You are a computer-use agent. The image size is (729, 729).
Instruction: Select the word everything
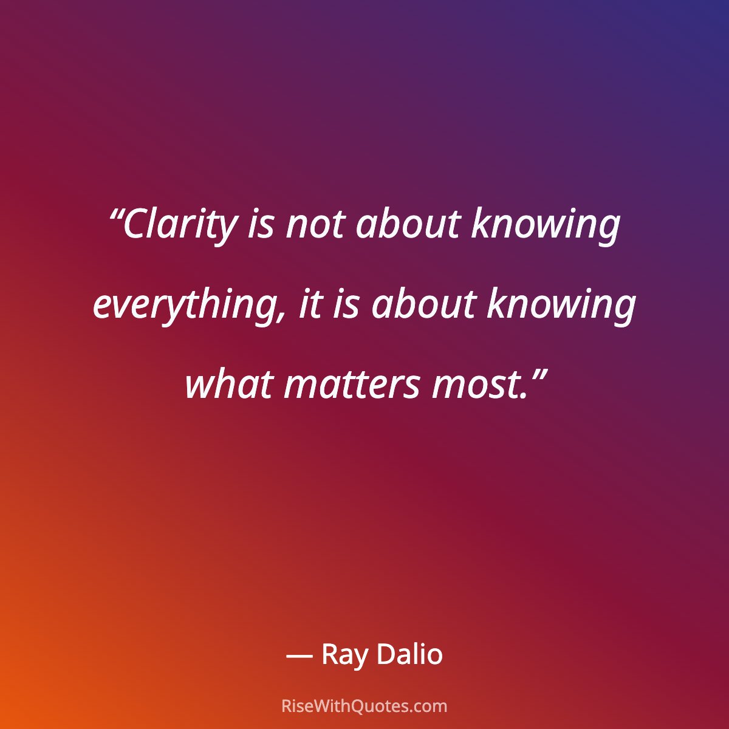coord(183,306)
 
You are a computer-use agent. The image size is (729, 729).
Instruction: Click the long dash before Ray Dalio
coord(299,656)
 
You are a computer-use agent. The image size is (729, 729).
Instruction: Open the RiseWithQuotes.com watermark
coord(364,706)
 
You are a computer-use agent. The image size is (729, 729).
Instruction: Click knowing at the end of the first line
coord(546,225)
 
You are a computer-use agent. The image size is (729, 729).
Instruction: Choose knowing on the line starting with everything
coord(561,306)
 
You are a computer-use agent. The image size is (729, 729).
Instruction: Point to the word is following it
coord(347,304)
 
